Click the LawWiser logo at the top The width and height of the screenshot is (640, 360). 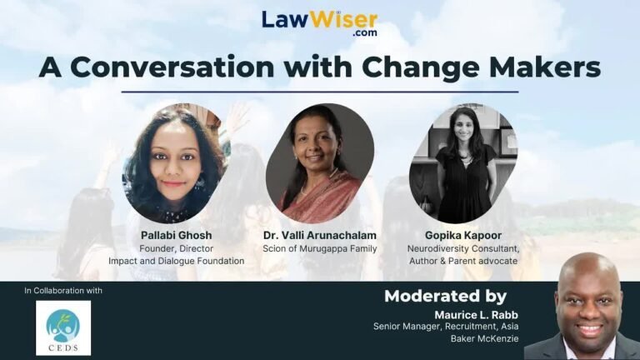click(320, 23)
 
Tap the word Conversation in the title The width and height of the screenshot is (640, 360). click(172, 67)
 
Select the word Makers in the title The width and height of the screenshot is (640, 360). click(544, 67)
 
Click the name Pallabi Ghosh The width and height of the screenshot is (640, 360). click(177, 236)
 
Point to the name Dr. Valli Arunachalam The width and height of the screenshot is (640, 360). click(320, 236)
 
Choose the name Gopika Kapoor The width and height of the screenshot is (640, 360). click(463, 236)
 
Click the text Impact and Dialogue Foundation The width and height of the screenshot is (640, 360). click(177, 261)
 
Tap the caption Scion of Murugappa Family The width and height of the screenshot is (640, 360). click(320, 248)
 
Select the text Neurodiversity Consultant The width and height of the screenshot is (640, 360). click(463, 248)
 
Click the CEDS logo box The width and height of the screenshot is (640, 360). click(63, 328)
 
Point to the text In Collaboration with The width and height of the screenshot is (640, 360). click(63, 291)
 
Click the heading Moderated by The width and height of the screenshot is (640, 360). click(445, 297)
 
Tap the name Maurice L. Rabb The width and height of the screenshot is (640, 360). click(477, 315)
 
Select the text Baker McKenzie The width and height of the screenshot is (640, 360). click(484, 339)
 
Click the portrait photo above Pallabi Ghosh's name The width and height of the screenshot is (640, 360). click(177, 163)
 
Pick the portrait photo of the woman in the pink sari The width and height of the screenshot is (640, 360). click(320, 163)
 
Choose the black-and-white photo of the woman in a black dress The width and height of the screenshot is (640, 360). click(463, 163)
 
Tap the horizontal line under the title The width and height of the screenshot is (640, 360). click(320, 92)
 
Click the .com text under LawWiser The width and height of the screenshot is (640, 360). click(365, 33)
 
